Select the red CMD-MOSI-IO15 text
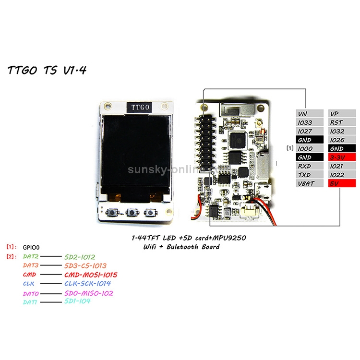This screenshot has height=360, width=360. point(90,275)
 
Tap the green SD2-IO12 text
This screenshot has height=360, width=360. point(79,257)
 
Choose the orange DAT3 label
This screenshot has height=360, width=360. point(32,265)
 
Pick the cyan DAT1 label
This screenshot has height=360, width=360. point(31,301)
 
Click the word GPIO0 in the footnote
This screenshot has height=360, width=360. point(31,246)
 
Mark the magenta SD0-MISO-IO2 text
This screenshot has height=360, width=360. point(88,293)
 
